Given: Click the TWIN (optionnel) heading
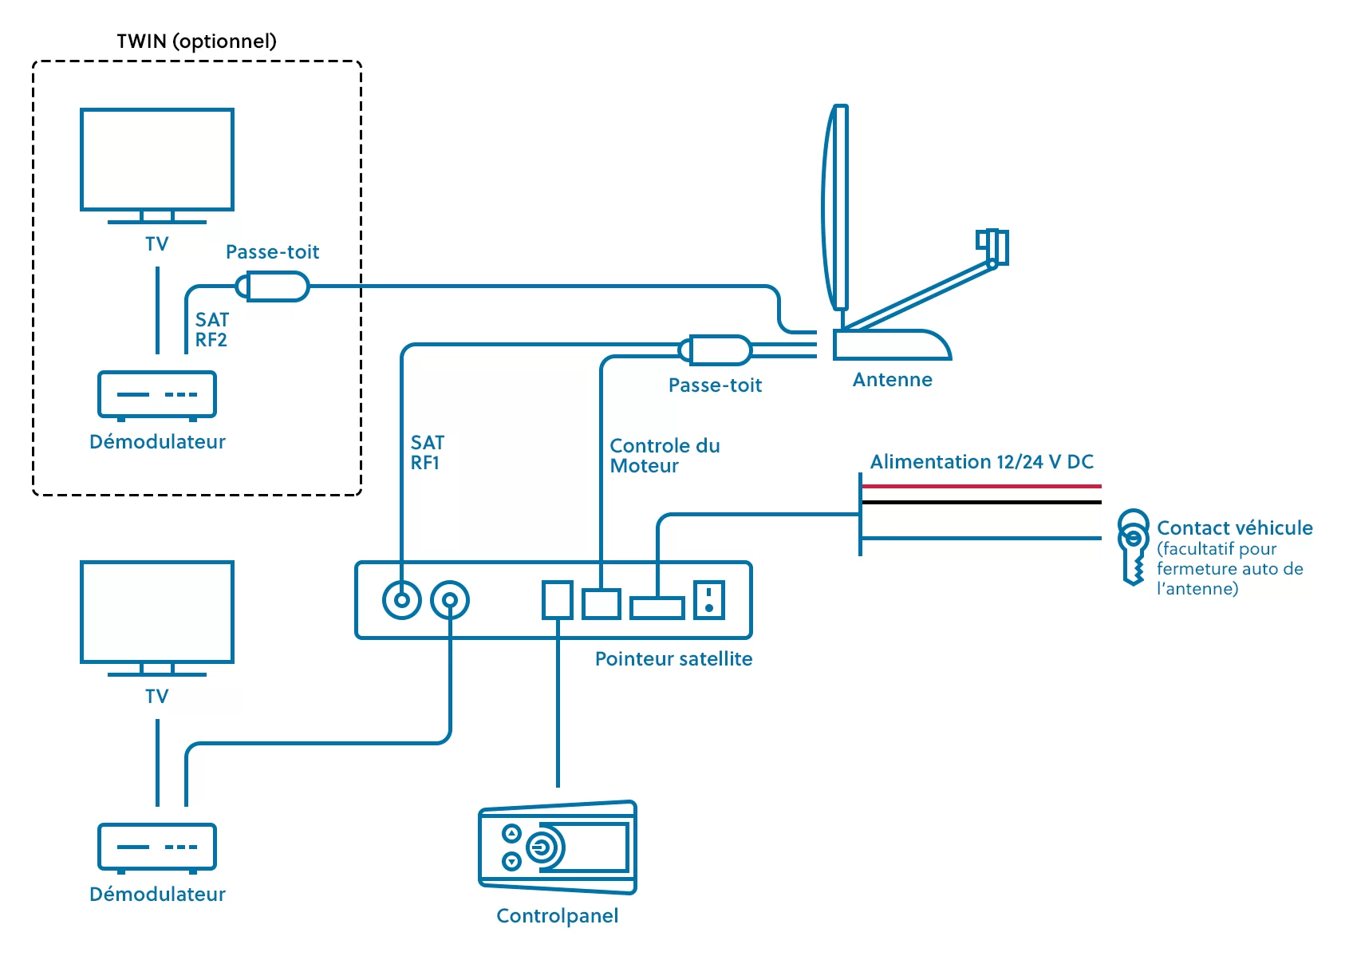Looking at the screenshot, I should [x=196, y=41].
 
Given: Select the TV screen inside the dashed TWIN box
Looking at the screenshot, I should [x=157, y=160].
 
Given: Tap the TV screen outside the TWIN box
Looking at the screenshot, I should [x=157, y=612].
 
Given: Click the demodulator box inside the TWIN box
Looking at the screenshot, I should [x=157, y=394].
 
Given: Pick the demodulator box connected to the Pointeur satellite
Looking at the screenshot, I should [x=157, y=847].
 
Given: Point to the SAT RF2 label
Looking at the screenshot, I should [x=211, y=330].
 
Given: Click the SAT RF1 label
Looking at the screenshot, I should [x=427, y=452].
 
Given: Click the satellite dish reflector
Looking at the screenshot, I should [x=835, y=207].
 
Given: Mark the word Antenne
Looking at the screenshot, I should [x=892, y=380].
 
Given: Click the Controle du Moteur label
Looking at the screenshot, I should [x=665, y=456].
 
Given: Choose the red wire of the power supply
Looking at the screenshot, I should [x=981, y=486].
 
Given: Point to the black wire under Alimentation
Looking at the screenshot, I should [x=981, y=503].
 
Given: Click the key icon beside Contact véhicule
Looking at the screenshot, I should [x=1133, y=546].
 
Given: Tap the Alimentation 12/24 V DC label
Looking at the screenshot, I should [x=981, y=462].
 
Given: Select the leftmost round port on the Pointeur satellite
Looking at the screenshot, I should [x=401, y=600].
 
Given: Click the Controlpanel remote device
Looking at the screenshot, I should [x=558, y=847].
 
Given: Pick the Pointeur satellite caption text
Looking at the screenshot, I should [x=673, y=659].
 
